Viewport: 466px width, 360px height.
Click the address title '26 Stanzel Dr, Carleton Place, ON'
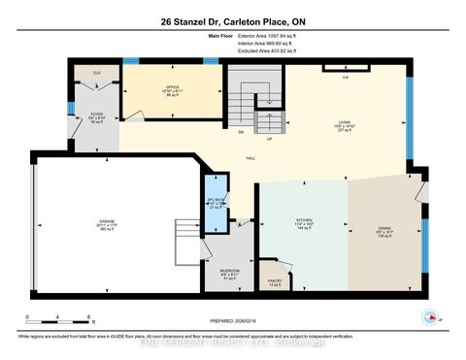[x=233, y=22]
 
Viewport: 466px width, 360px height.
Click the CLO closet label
[x=97, y=74]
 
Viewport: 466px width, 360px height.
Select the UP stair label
[x=267, y=139]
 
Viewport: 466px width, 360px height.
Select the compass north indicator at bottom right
[x=429, y=316]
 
